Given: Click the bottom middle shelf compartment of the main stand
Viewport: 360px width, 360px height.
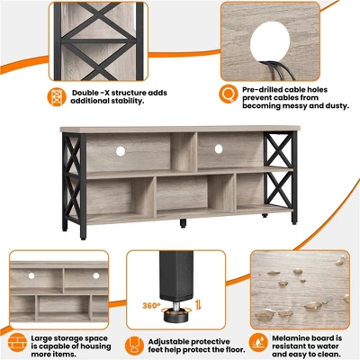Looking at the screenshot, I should click(183, 194).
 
